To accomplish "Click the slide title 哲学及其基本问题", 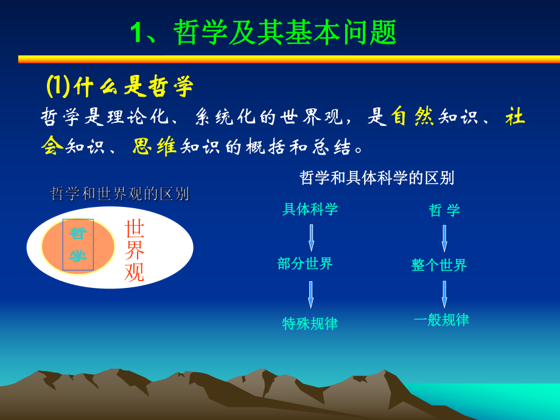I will pos(264,32).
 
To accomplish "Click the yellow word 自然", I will pos(412,116).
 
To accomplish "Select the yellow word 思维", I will pos(155,146).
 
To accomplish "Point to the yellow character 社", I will pos(515,116).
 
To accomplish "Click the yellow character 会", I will pos(52,146).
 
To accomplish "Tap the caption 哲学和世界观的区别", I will pos(119,194).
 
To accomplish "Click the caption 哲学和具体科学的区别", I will pos(377,178).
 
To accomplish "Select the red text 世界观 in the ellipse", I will pos(135,250).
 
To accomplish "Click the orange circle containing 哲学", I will pos(78,246).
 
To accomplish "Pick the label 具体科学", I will pos(310,209).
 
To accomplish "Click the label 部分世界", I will pos(305,264).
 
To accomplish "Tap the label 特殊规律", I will pos(310,323).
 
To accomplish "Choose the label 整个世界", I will pos(439,265).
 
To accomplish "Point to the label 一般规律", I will pos(441,320).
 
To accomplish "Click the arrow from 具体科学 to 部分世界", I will pos(311,237).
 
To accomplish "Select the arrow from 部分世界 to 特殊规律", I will pos(310,295).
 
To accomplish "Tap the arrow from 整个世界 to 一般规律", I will pos(444,294).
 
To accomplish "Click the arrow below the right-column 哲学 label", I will pos(444,238).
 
